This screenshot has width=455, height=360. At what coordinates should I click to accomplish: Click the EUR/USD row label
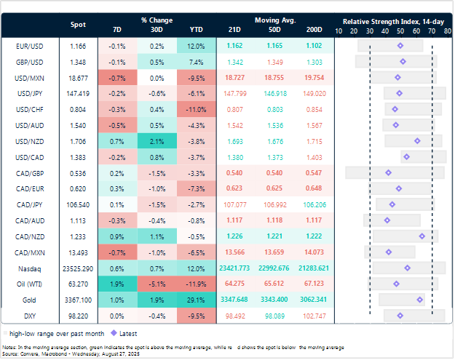click(26, 46)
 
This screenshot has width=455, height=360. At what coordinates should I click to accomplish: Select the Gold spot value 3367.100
click(78, 299)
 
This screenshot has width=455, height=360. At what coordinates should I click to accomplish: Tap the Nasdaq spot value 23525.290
click(78, 268)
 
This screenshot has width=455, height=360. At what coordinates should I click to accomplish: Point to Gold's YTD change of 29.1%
click(197, 299)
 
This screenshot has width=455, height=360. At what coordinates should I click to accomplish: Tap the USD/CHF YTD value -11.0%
click(197, 109)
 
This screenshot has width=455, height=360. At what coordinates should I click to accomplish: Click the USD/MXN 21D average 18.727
click(235, 77)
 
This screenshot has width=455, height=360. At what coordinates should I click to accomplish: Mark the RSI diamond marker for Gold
click(420, 299)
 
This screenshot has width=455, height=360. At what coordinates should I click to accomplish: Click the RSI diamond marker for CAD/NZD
click(422, 236)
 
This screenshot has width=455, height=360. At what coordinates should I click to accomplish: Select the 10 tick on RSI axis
click(339, 31)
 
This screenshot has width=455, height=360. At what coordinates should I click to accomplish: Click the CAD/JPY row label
click(26, 204)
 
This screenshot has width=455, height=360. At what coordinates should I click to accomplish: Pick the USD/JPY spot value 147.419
click(78, 93)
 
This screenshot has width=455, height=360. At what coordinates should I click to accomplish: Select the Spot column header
click(78, 25)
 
